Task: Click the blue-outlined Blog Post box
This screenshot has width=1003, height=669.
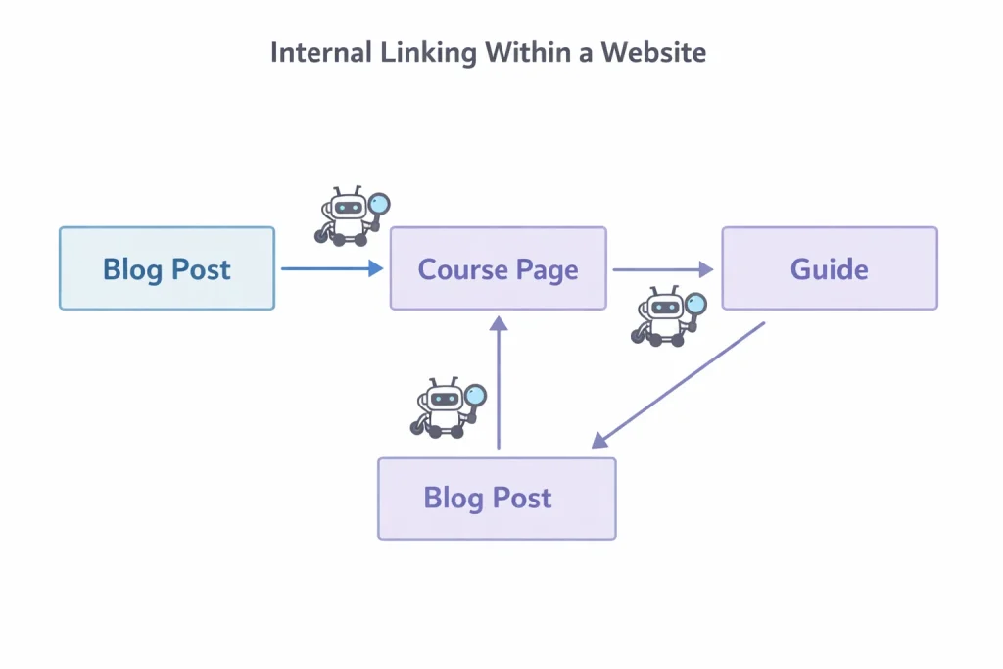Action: (167, 268)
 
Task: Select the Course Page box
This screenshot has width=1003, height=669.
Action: (498, 268)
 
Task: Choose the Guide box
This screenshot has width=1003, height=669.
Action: (829, 268)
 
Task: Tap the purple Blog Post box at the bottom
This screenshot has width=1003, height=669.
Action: (497, 498)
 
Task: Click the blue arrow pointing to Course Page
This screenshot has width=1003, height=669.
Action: (331, 268)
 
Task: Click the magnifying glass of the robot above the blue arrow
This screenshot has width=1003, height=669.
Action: (379, 205)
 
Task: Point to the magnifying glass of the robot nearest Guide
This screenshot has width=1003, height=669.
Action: (695, 304)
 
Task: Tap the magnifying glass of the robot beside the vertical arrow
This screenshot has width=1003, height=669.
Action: (476, 395)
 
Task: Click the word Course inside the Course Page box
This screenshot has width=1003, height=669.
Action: (460, 268)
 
